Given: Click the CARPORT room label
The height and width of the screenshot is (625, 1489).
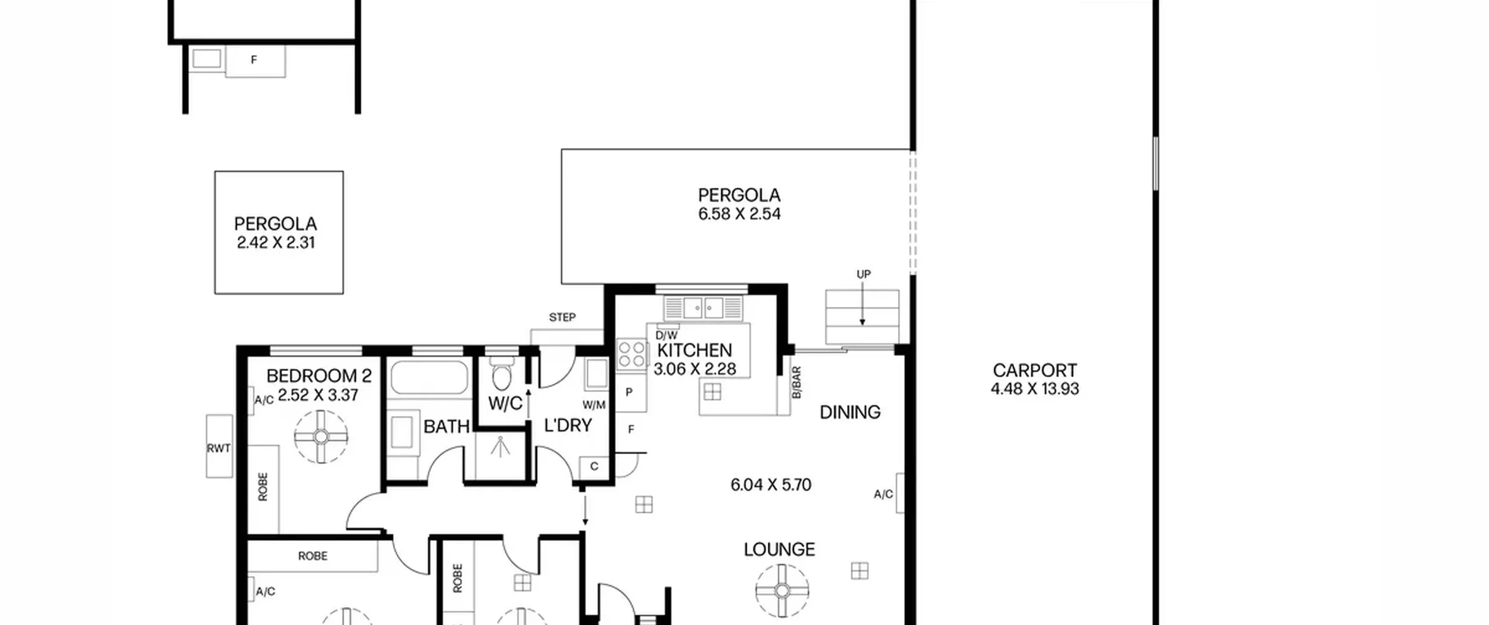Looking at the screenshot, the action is pos(1035,370).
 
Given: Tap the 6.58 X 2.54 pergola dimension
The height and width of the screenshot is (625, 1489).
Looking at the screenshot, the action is pos(739,214).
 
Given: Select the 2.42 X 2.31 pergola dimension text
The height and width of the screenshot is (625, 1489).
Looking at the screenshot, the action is pos(276,242).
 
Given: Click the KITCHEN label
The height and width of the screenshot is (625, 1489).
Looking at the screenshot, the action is pos(694,350).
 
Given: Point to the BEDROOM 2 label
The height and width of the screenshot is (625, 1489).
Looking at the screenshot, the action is pos(319,376).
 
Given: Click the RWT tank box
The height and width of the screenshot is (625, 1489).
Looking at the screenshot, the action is pos(219,447).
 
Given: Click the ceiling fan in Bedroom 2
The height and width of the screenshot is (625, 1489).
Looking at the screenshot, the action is pos(321,437).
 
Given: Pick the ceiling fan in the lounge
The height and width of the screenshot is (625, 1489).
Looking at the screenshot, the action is pos(782,591).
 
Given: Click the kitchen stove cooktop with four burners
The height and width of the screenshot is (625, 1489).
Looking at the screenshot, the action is pos(632,354).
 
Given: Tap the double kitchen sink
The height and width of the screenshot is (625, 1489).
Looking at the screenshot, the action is pos(703,308).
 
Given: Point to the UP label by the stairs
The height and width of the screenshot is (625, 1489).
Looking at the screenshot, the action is pos(864,274).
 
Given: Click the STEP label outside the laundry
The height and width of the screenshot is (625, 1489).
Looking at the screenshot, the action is pos(562,317).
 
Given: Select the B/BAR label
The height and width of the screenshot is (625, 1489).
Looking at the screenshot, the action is pos(797,383).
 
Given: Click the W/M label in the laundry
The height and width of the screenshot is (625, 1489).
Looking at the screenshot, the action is pos(594,405).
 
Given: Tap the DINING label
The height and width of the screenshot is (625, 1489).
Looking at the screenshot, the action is pos(850,412).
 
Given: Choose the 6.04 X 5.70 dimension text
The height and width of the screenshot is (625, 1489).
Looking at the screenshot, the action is pos(771,485).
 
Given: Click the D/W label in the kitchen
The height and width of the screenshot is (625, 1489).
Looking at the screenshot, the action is pos(667,335).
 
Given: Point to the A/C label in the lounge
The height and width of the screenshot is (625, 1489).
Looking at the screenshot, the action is pos(883,494).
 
